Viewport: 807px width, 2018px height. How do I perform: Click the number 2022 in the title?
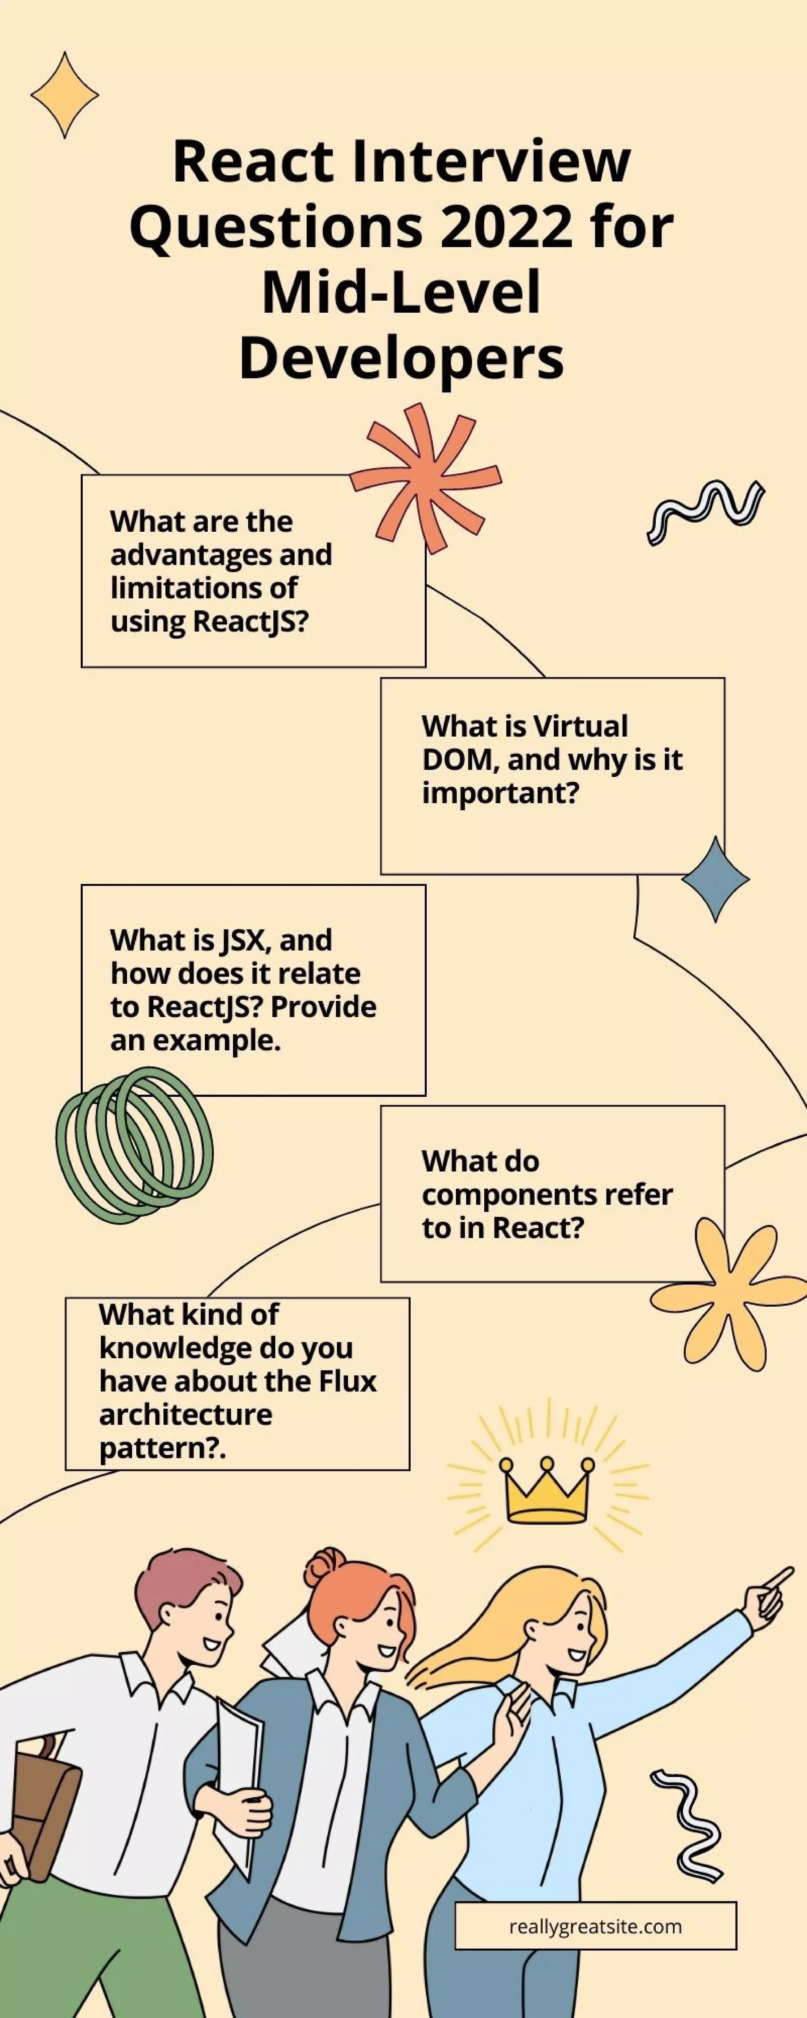(505, 227)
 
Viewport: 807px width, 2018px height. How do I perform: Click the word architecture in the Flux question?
(186, 1414)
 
